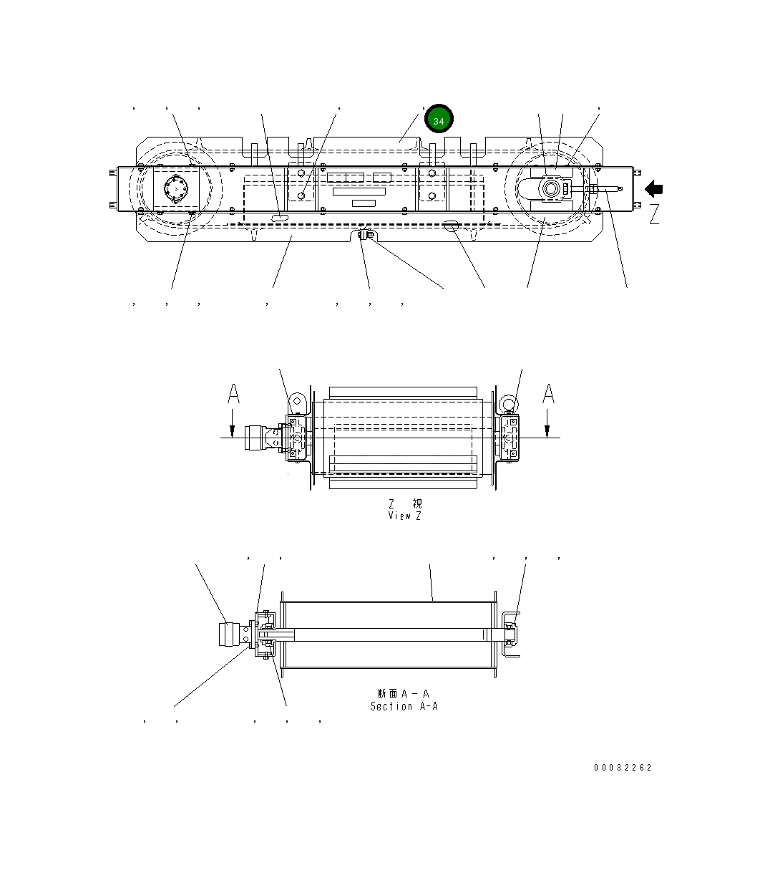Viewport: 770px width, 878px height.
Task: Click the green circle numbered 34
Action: (439, 120)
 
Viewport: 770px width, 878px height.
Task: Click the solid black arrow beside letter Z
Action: (654, 189)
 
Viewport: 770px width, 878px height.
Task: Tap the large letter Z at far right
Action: (654, 214)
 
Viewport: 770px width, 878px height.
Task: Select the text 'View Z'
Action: (404, 516)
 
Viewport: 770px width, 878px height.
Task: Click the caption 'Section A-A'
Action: (404, 706)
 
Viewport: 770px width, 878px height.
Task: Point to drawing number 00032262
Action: (623, 768)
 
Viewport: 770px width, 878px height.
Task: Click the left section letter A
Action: (233, 393)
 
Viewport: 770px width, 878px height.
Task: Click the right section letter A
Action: (548, 393)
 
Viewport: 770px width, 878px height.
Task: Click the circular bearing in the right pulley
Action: (552, 189)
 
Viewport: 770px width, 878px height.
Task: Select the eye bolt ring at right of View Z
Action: (507, 402)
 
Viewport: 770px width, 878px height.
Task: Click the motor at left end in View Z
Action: (254, 436)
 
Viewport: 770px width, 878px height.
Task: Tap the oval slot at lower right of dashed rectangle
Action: (453, 226)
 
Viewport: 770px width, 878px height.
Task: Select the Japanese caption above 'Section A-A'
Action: (404, 693)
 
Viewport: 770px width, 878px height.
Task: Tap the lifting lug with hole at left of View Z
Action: (298, 402)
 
